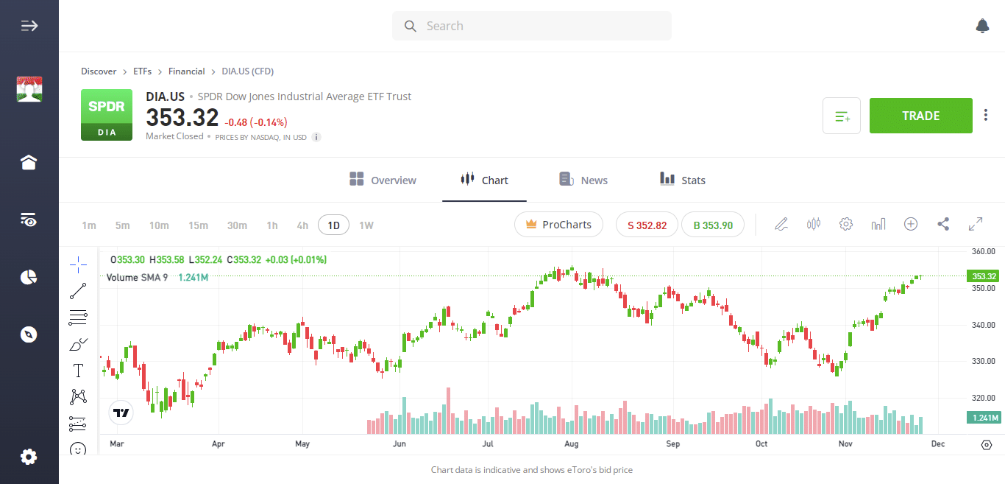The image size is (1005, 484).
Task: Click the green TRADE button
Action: pyautogui.click(x=920, y=116)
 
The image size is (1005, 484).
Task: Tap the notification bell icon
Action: pyautogui.click(x=982, y=26)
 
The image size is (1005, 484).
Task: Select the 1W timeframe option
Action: pyautogui.click(x=366, y=225)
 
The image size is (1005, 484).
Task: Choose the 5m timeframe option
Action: pyautogui.click(x=122, y=225)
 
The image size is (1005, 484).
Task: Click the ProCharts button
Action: pyautogui.click(x=558, y=225)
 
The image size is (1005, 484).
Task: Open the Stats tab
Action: pyautogui.click(x=683, y=180)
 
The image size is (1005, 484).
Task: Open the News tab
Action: pyautogui.click(x=583, y=180)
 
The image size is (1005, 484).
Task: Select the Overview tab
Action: pyautogui.click(x=383, y=180)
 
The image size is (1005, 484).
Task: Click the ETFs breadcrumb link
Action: pyautogui.click(x=142, y=71)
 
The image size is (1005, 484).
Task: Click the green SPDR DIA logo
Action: pyautogui.click(x=107, y=115)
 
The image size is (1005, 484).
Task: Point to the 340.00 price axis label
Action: pyautogui.click(x=984, y=325)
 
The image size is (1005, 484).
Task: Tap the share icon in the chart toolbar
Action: pyautogui.click(x=943, y=224)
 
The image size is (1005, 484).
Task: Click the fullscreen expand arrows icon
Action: pyautogui.click(x=976, y=224)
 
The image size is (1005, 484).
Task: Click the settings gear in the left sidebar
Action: pyautogui.click(x=29, y=457)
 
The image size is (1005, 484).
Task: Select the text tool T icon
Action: pyautogui.click(x=78, y=370)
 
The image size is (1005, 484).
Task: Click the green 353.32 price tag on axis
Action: pyautogui.click(x=984, y=276)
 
